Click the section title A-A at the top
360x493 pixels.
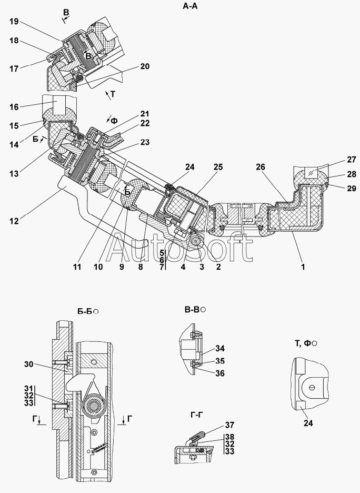click(190, 6)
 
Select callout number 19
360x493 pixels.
click(14, 22)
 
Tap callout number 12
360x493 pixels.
click(14, 221)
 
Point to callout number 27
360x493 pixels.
click(352, 160)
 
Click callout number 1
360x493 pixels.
click(303, 267)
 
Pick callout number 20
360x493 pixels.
click(145, 66)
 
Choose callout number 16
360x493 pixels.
click(14, 107)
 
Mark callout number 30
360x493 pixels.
click(29, 364)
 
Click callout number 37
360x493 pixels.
click(229, 425)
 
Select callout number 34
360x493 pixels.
click(220, 348)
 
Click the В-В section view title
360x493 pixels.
click(192, 310)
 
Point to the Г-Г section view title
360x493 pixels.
click(197, 415)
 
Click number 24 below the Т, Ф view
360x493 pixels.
click(308, 423)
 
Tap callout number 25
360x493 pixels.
click(218, 167)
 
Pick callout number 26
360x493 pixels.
click(261, 167)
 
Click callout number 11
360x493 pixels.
click(77, 267)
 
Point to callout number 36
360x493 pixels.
click(220, 373)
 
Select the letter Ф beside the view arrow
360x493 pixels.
click(115, 121)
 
